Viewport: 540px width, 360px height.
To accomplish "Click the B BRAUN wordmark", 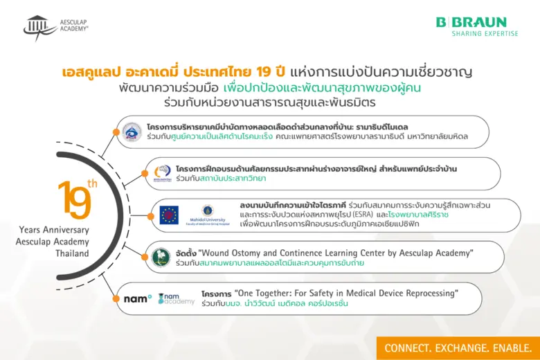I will [471, 22].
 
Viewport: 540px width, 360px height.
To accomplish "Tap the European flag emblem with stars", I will [170, 215].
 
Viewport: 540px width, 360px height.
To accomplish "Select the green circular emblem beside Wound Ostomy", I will [161, 258].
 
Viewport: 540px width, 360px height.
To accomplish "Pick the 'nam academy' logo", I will [177, 298].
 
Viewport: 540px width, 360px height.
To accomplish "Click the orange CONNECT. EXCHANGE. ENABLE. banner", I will [458, 348].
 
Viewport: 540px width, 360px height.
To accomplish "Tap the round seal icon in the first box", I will [131, 132].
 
